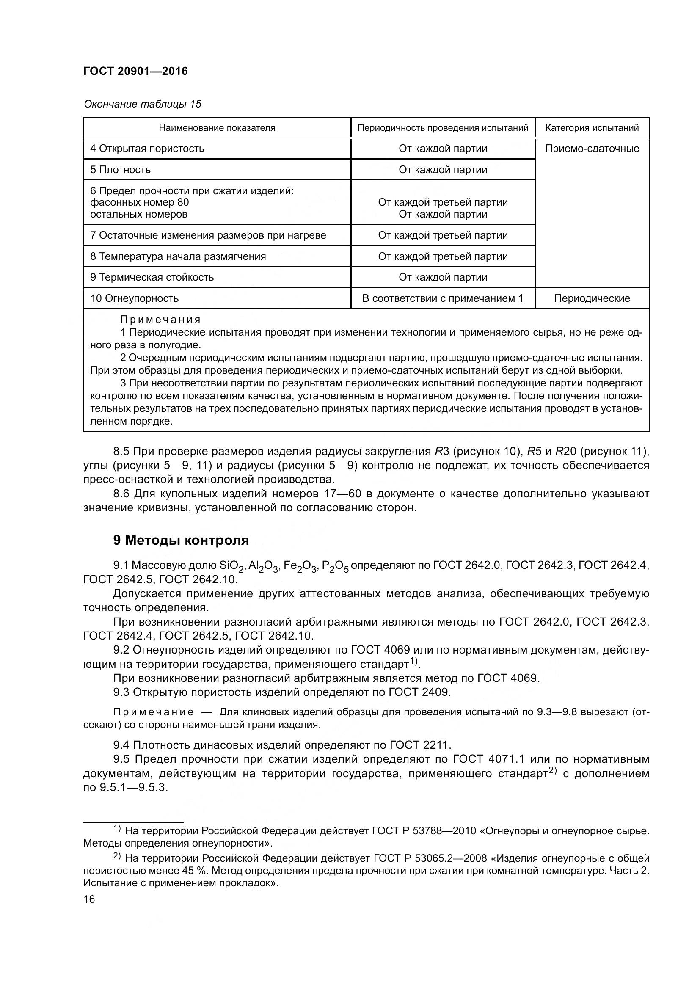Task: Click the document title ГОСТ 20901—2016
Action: pos(135,72)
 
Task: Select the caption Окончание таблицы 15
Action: pos(142,105)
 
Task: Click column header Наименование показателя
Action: pos(217,128)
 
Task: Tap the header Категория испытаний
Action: pos(592,128)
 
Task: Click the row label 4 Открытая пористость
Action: pos(147,149)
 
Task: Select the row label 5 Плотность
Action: pos(120,170)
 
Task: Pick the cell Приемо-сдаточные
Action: pos(592,149)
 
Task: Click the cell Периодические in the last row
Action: pos(592,298)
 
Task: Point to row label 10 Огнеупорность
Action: pos(134,298)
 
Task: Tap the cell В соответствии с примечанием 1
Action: pos(443,298)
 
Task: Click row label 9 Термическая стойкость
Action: pos(152,277)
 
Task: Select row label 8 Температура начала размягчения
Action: pos(178,256)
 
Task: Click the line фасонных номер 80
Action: pos(139,202)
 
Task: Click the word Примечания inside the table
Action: pos(160,320)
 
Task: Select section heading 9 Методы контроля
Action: pos(181,540)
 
